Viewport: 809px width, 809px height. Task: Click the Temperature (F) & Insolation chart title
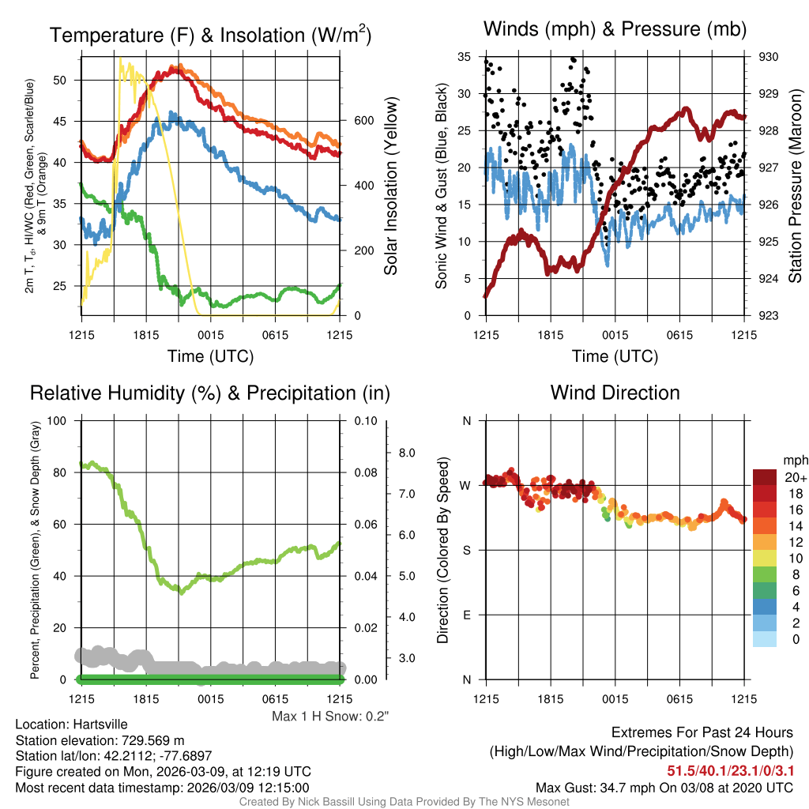[210, 36]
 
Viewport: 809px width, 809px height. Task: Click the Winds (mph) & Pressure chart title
[615, 30]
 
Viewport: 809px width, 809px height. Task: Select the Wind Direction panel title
[615, 393]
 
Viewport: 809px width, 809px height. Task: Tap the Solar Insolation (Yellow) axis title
[390, 186]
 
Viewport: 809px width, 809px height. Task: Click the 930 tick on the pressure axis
[769, 57]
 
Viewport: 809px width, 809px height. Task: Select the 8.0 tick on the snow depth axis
[406, 453]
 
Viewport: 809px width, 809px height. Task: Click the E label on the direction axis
[467, 615]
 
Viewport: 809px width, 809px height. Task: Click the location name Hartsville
[97, 724]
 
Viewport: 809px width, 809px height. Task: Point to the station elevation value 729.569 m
[152, 740]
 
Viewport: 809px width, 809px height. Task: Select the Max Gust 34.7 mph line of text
[664, 787]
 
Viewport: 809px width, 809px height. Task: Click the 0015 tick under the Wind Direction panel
[615, 699]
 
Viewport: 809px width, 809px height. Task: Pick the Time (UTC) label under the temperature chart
[210, 356]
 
